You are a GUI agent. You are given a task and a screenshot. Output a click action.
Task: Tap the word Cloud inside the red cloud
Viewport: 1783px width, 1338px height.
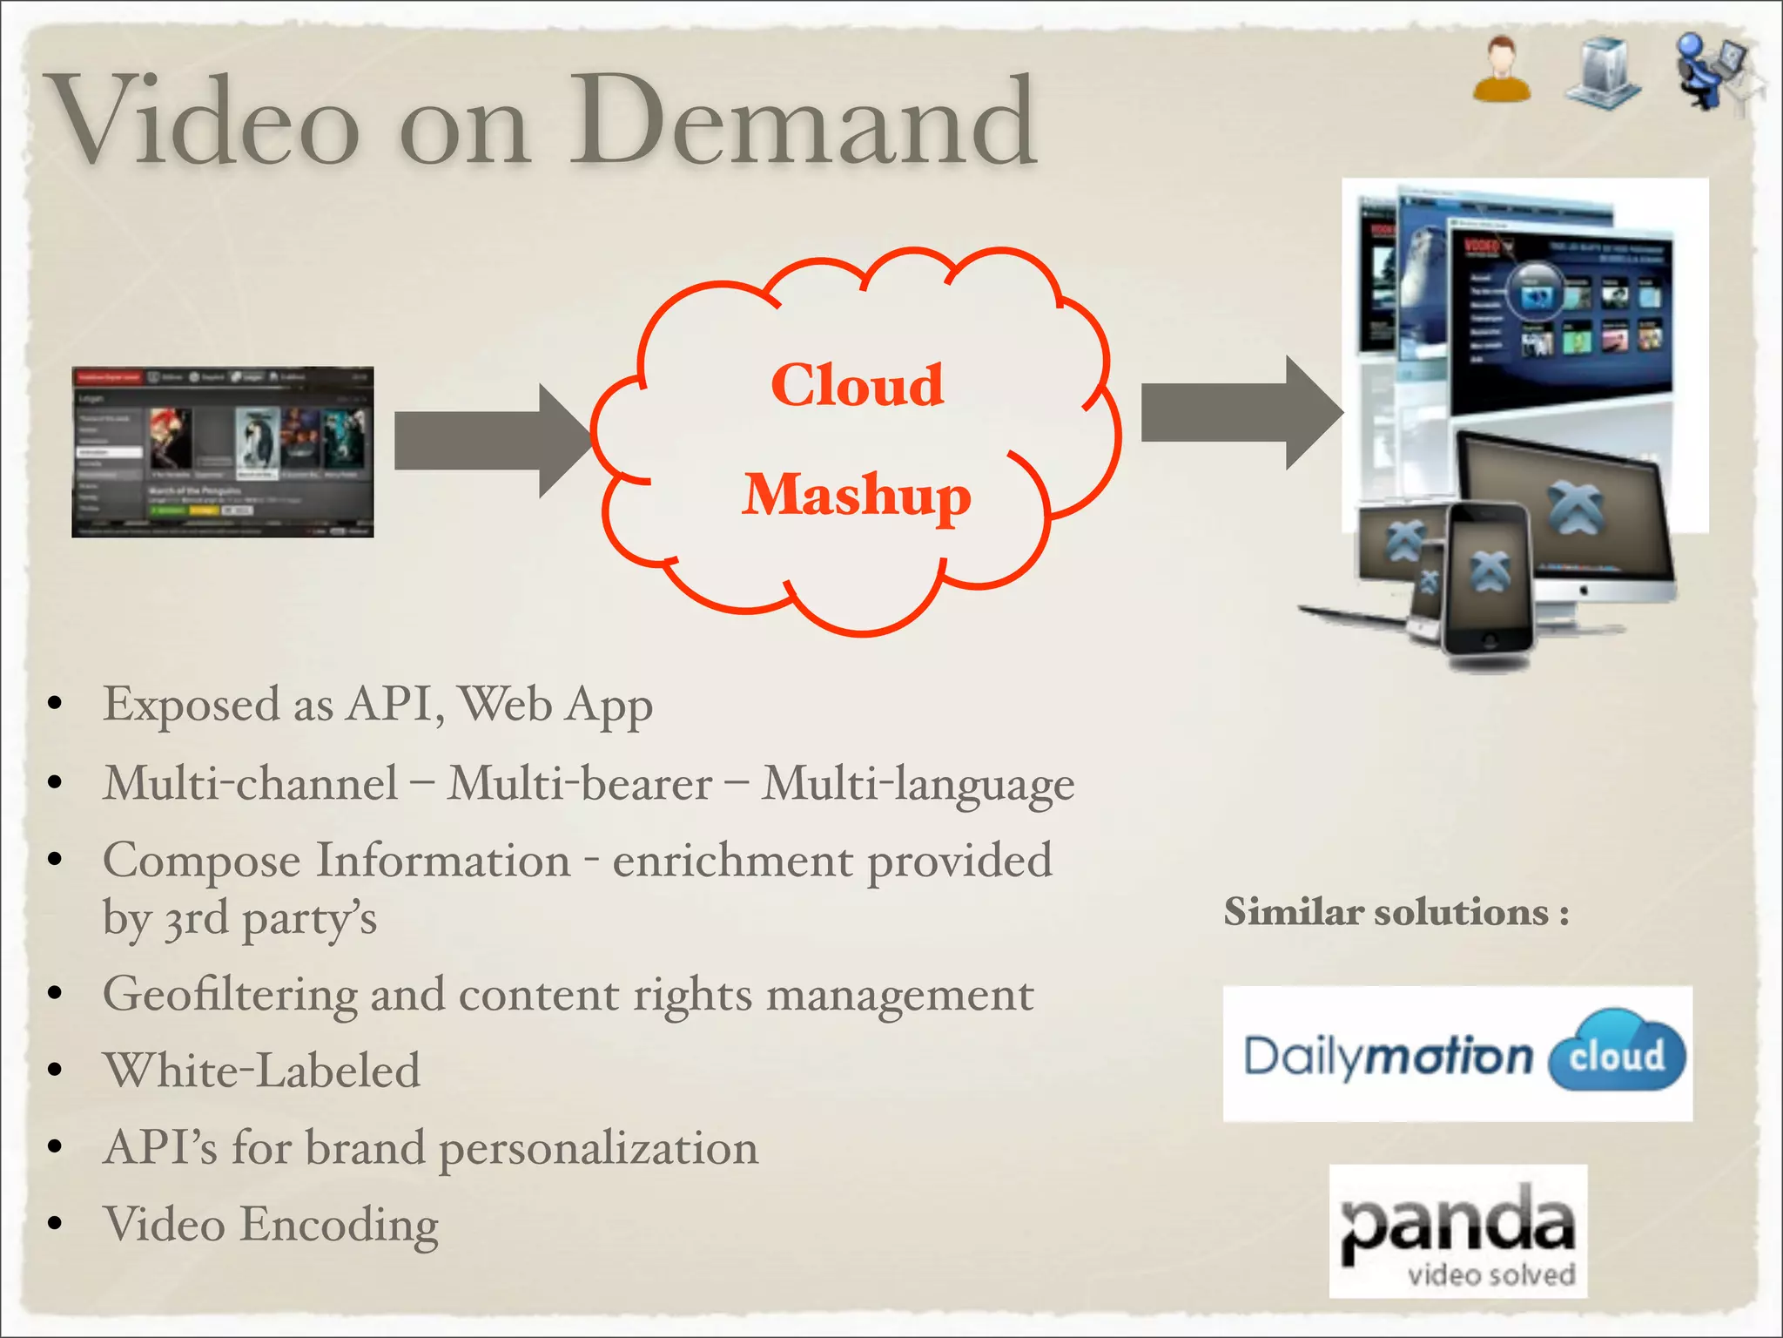click(857, 385)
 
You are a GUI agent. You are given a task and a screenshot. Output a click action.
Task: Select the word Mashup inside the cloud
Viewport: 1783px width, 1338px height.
click(857, 495)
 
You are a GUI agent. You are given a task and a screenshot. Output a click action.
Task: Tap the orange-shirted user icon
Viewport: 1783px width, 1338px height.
click(1502, 70)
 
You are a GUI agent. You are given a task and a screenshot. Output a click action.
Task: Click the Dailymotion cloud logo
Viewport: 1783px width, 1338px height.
click(1457, 1054)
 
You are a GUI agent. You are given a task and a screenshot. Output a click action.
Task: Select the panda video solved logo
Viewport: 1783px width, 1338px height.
click(1458, 1230)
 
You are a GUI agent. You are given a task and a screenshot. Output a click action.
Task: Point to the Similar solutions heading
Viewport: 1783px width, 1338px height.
click(1396, 913)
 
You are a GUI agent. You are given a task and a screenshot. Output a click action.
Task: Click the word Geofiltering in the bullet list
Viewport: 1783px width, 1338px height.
click(230, 995)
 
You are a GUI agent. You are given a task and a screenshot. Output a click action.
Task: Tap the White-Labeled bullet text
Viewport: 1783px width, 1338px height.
click(261, 1071)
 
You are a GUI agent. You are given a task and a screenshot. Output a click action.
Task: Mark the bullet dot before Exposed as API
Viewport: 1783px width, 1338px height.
click(55, 704)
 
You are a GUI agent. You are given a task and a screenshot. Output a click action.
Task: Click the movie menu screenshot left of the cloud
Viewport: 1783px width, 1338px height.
click(223, 451)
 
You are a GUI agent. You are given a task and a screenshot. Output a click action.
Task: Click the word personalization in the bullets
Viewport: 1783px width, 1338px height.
click(599, 1148)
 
